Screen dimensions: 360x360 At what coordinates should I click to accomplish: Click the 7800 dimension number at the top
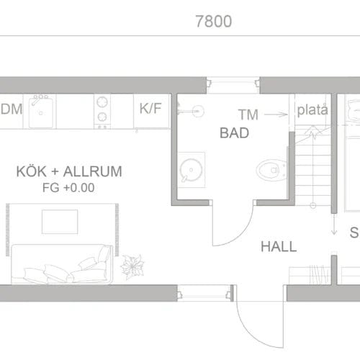213,22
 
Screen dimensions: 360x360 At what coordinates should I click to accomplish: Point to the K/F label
150,109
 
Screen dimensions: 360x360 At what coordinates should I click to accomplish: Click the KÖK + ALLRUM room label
68,172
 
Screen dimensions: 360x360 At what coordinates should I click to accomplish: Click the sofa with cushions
61,264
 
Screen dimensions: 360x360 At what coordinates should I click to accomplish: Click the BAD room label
234,133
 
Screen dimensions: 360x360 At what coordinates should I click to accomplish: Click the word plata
312,111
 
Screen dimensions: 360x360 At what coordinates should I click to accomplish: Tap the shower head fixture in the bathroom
196,111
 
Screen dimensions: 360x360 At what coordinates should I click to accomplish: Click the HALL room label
279,246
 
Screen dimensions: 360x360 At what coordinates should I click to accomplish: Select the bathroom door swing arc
238,230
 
